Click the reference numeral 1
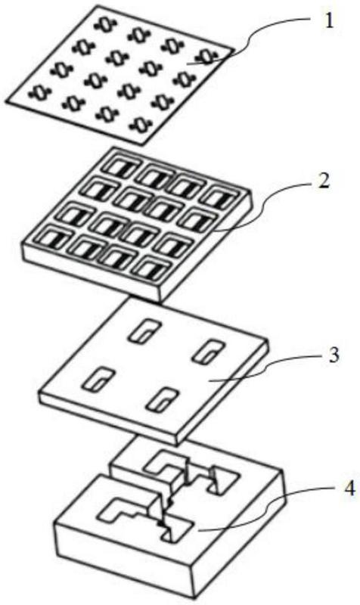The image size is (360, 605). pos(328,22)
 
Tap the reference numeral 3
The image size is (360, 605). pos(334,355)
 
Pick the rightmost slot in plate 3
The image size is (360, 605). pos(207,352)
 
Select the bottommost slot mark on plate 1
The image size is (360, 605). pos(140,124)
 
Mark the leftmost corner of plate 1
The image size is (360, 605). pos(7,102)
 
